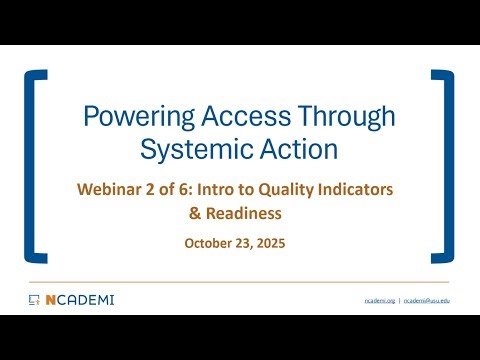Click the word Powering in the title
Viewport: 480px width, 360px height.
[x=127, y=118]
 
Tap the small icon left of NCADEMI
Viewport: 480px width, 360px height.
[x=34, y=299]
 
